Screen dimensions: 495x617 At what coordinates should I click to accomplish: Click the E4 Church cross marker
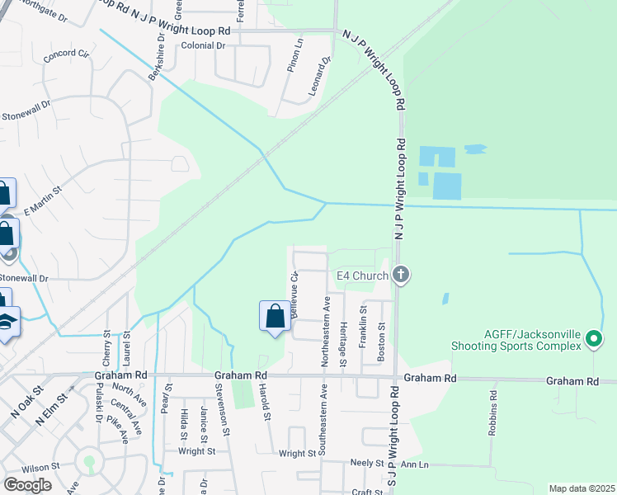pyautogui.click(x=401, y=275)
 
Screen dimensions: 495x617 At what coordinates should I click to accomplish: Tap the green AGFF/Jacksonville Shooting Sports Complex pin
pyautogui.click(x=593, y=339)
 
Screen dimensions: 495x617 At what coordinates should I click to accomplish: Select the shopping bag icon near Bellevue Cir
pyautogui.click(x=275, y=316)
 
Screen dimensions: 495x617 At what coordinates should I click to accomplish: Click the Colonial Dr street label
pyautogui.click(x=203, y=46)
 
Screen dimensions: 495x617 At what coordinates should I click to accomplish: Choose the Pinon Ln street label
pyautogui.click(x=294, y=57)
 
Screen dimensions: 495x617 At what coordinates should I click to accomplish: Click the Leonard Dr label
pyautogui.click(x=320, y=76)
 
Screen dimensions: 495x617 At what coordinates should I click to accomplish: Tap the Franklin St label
pyautogui.click(x=362, y=325)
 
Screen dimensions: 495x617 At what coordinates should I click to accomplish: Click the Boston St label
pyautogui.click(x=381, y=339)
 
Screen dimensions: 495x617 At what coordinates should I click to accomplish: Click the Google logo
pyautogui.click(x=27, y=485)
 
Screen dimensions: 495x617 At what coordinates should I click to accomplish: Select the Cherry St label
pyautogui.click(x=107, y=348)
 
